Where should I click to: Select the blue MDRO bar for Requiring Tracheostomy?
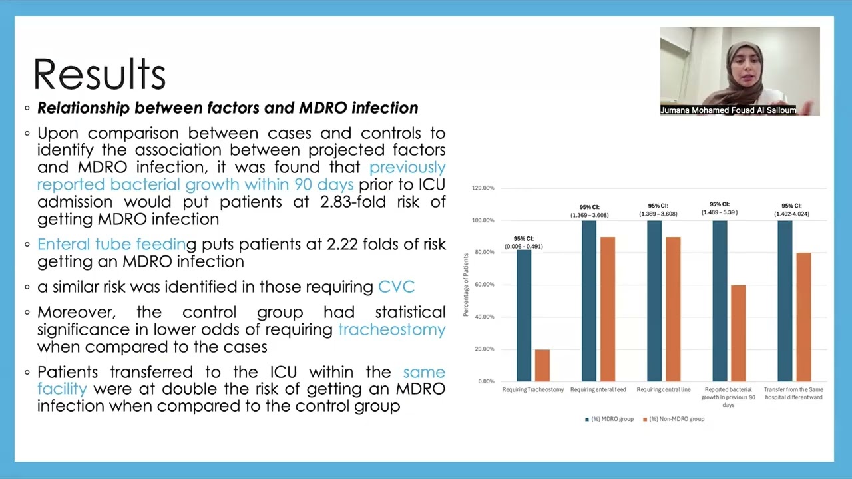tap(524, 315)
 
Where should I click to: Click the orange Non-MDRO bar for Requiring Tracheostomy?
tap(542, 365)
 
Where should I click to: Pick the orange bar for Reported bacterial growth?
tap(738, 333)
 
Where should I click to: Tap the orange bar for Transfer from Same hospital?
tap(803, 317)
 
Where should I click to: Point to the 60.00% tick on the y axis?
tap(483, 285)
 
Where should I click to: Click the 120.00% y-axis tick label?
tap(483, 188)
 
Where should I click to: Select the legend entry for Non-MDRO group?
tap(674, 419)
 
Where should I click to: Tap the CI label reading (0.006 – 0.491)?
tap(524, 247)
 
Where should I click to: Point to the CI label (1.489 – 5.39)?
tap(720, 212)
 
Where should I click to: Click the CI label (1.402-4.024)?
tap(791, 214)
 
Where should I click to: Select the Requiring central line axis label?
tap(664, 390)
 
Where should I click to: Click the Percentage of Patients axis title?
tap(467, 285)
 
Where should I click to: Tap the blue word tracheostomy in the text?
tap(391, 329)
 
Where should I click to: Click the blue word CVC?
tap(396, 287)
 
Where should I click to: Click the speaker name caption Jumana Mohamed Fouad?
tap(728, 110)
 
